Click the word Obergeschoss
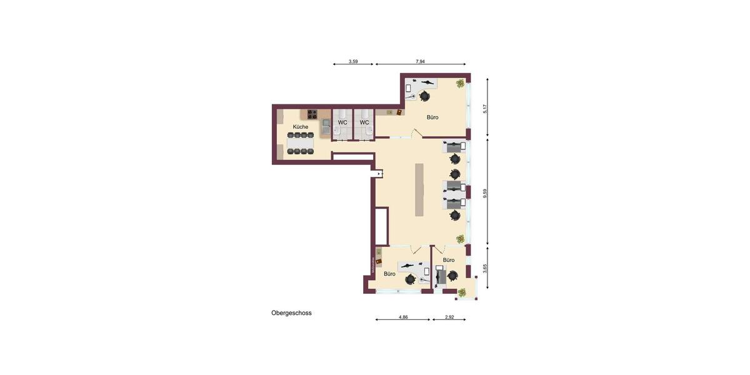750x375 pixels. click(291, 313)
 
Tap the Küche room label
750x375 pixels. click(301, 127)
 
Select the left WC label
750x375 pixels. click(342, 122)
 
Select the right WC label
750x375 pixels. click(364, 122)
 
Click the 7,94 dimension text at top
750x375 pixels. click(421, 62)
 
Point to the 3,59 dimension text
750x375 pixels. click(353, 62)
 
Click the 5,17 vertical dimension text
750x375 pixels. click(485, 109)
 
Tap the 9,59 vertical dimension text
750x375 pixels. click(485, 193)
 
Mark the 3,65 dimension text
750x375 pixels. click(485, 269)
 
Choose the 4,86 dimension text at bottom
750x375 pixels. click(403, 317)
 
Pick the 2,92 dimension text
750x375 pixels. click(449, 317)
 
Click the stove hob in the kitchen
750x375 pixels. click(311, 114)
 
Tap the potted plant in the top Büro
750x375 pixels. click(461, 83)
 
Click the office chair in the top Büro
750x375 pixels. click(425, 96)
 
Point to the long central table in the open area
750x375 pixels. click(419, 189)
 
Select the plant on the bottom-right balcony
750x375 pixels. click(462, 292)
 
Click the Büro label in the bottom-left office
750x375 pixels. click(389, 274)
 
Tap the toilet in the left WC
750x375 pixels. click(336, 132)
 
